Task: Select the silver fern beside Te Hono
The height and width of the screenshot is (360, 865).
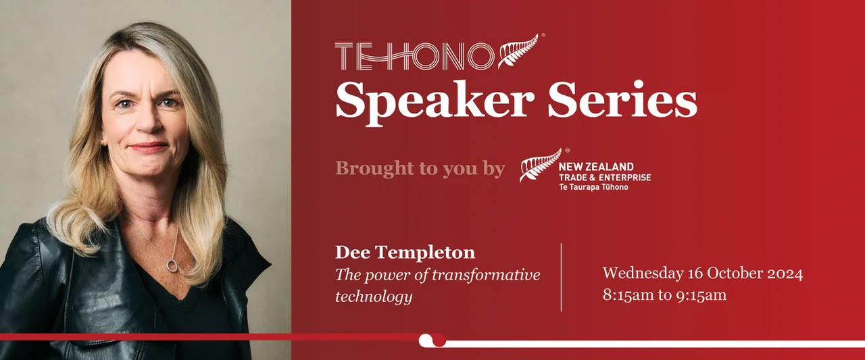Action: (x=518, y=51)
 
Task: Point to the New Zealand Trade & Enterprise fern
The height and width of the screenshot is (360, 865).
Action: (x=540, y=165)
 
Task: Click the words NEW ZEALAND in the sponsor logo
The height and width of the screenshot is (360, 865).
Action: (x=596, y=166)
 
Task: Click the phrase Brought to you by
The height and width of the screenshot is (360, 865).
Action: (x=420, y=168)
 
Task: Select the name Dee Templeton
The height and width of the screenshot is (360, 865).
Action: (x=405, y=253)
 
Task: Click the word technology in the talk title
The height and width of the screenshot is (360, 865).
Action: (x=373, y=296)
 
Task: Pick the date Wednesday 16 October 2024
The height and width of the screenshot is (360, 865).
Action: (x=702, y=274)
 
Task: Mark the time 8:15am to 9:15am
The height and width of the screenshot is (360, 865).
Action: (x=664, y=295)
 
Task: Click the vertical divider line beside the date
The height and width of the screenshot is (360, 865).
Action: (x=562, y=277)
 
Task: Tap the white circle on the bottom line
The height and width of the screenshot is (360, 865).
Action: (x=426, y=340)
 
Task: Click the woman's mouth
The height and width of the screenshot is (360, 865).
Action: (x=147, y=146)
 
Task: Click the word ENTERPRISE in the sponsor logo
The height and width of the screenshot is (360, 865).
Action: (x=622, y=177)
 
